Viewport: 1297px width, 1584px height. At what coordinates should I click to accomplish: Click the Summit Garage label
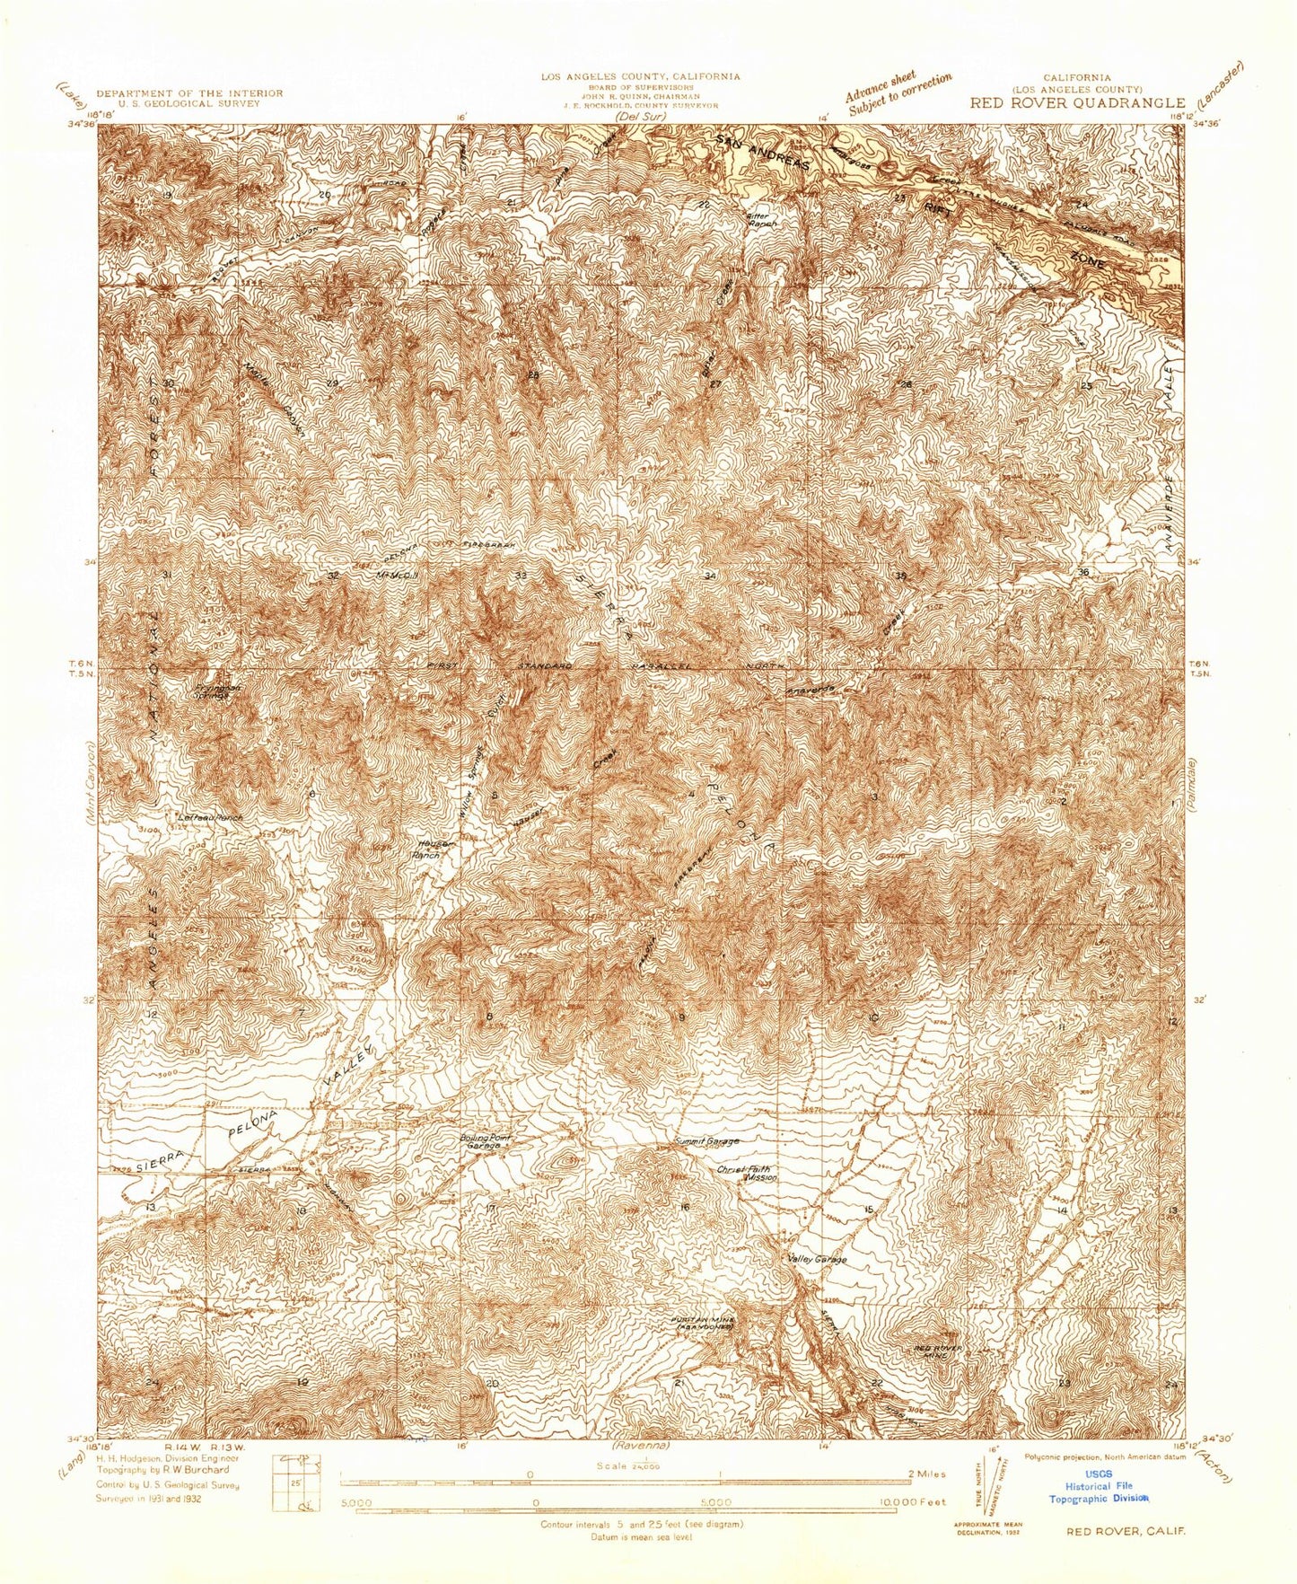tap(707, 1141)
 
